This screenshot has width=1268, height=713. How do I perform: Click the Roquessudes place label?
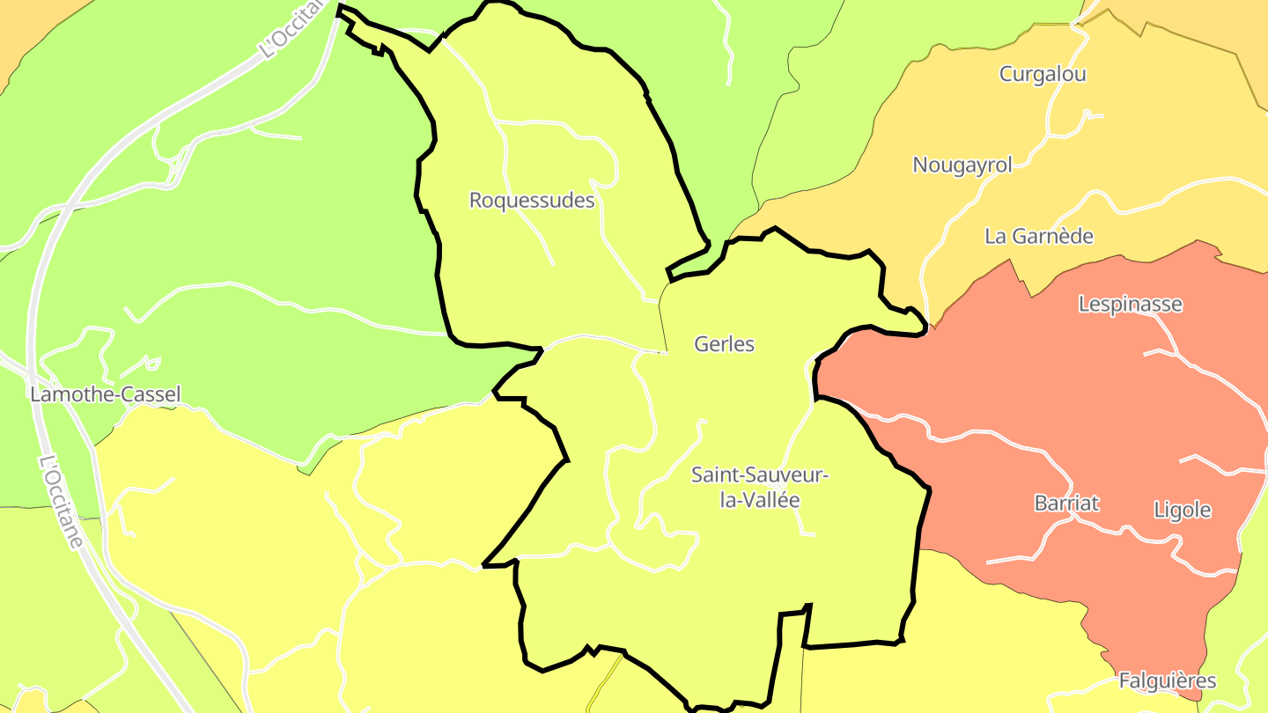[532, 201]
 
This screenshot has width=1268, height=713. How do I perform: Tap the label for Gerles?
[724, 344]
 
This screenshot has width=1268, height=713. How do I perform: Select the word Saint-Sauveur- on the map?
[760, 475]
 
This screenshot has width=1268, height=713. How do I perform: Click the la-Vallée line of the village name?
[760, 500]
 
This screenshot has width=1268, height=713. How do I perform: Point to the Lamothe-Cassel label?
[105, 394]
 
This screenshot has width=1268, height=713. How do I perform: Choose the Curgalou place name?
[1043, 74]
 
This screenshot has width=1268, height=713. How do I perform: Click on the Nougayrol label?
[962, 165]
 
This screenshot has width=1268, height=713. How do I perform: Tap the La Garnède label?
[1039, 236]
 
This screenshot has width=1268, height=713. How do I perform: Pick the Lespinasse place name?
[1131, 305]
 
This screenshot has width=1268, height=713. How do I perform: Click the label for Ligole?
[1183, 510]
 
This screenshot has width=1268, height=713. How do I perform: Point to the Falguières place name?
[1168, 680]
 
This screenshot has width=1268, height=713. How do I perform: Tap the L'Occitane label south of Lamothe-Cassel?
[63, 501]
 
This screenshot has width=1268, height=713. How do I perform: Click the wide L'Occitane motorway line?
[33, 290]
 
